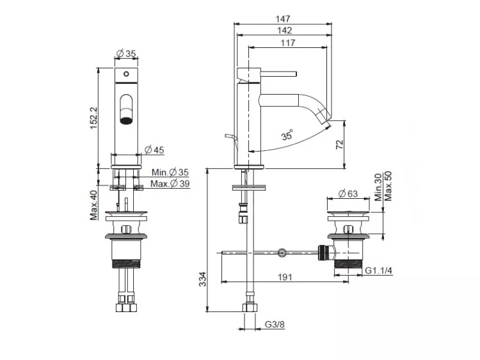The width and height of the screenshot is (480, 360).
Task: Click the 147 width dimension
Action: pyautogui.click(x=282, y=19)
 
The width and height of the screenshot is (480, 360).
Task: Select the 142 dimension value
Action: pyautogui.click(x=284, y=30)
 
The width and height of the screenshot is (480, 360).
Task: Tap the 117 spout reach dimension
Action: pyautogui.click(x=288, y=42)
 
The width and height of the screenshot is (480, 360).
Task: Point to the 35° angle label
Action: pyautogui.click(x=287, y=134)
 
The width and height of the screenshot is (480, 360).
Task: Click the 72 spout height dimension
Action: pyautogui.click(x=340, y=145)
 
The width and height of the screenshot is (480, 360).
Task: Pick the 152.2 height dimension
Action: pyautogui.click(x=93, y=118)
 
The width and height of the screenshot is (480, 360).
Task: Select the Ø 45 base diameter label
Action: pyautogui.click(x=154, y=150)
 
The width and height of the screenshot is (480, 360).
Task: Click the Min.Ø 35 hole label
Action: pyautogui.click(x=170, y=172)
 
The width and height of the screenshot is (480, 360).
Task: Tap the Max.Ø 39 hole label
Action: pyautogui.click(x=170, y=184)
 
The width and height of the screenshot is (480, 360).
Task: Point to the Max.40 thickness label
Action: pyautogui.click(x=93, y=205)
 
